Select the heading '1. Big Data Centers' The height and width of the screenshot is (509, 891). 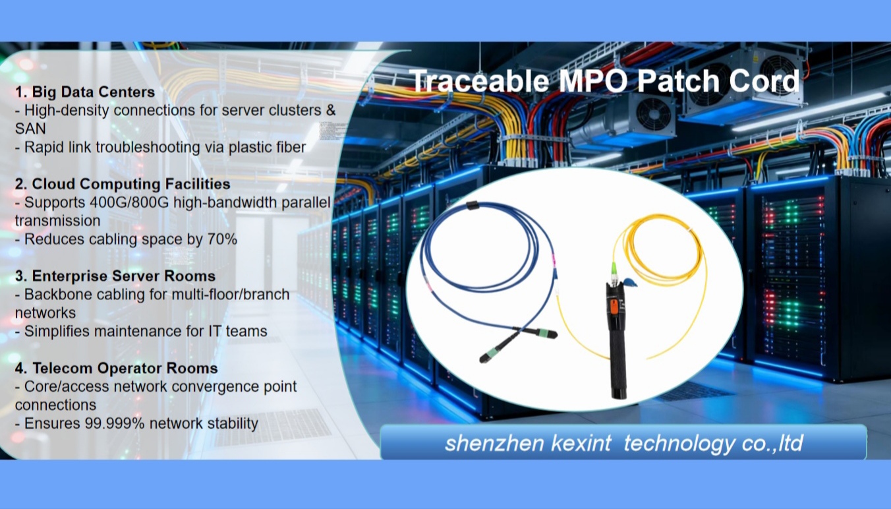(85, 92)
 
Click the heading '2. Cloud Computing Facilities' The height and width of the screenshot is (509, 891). (123, 183)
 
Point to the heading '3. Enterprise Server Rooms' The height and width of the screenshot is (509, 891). (115, 275)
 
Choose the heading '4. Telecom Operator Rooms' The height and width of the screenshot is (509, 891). (116, 367)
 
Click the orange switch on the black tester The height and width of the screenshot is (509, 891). (612, 307)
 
